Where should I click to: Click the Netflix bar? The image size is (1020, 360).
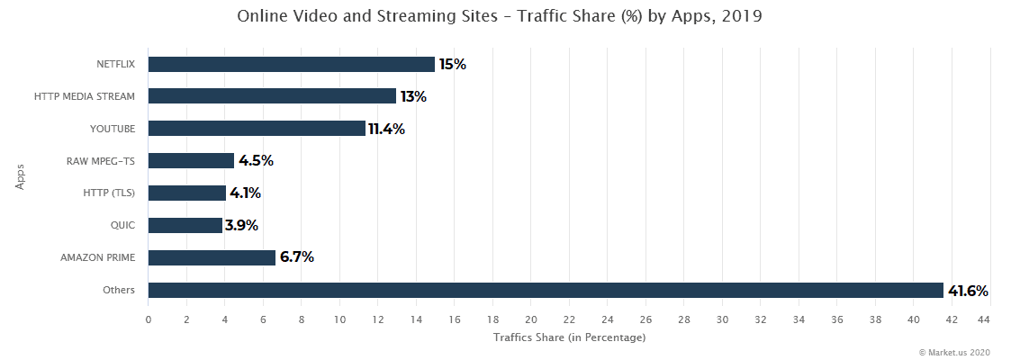(x=291, y=64)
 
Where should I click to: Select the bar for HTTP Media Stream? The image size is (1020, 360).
(x=272, y=96)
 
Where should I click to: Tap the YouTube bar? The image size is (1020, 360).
(x=257, y=129)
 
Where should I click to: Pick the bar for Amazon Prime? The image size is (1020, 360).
(x=212, y=257)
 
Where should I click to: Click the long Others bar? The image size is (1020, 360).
(x=546, y=290)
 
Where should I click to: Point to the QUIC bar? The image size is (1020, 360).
(x=185, y=225)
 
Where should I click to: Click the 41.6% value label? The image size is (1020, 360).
(x=968, y=291)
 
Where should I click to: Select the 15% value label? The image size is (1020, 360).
(x=452, y=65)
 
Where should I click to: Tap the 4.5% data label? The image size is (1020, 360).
(x=256, y=161)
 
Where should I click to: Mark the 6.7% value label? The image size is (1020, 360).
(x=296, y=257)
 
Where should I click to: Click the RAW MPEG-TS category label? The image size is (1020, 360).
(x=100, y=161)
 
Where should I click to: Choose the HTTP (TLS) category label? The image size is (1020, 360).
(x=108, y=193)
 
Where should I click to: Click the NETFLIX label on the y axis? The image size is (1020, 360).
(x=115, y=64)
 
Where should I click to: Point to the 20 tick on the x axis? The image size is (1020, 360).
(x=531, y=319)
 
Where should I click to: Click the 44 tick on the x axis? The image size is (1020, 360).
(x=990, y=319)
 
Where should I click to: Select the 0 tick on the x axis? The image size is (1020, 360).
(x=149, y=319)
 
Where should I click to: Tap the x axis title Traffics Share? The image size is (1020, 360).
(x=569, y=337)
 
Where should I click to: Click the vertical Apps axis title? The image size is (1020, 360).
(x=20, y=175)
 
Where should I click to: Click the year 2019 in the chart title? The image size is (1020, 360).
(x=743, y=16)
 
